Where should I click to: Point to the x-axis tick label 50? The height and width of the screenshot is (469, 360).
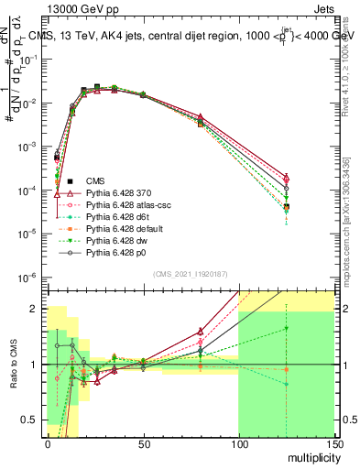tap(143, 442)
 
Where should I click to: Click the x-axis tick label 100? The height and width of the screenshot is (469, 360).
tap(238, 442)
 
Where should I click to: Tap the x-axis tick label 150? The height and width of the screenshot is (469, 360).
tap(333, 442)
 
